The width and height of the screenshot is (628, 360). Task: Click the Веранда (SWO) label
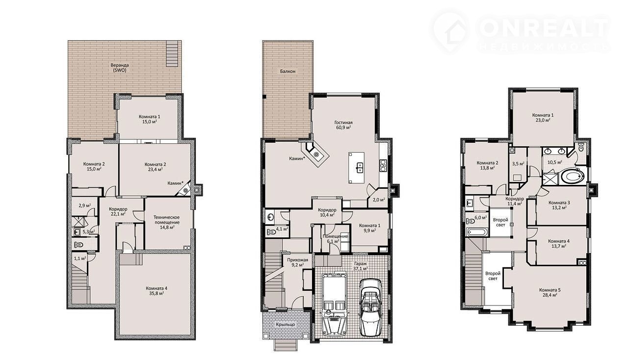[120, 68]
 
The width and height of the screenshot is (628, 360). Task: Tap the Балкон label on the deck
[288, 72]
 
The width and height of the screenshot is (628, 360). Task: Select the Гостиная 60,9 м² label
[343, 125]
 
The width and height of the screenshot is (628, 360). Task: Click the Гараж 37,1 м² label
[360, 266]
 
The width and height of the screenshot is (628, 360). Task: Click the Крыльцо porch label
[285, 325]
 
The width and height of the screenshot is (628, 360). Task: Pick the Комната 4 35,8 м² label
[157, 291]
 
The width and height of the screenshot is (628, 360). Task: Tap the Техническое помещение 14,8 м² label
[166, 222]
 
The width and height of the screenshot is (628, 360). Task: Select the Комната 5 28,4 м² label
[550, 293]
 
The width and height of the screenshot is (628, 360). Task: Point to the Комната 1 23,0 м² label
[543, 118]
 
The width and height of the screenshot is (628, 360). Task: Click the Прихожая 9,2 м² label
[297, 262]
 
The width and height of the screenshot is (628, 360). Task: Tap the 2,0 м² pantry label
[378, 200]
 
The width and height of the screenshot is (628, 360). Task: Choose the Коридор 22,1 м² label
[118, 211]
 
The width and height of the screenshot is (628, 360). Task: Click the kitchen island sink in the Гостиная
[359, 167]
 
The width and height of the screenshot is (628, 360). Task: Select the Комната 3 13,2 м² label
[559, 205]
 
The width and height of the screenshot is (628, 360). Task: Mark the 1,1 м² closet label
[80, 258]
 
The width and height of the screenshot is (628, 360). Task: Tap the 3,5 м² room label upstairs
[518, 164]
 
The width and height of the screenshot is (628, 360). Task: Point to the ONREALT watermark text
[543, 28]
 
